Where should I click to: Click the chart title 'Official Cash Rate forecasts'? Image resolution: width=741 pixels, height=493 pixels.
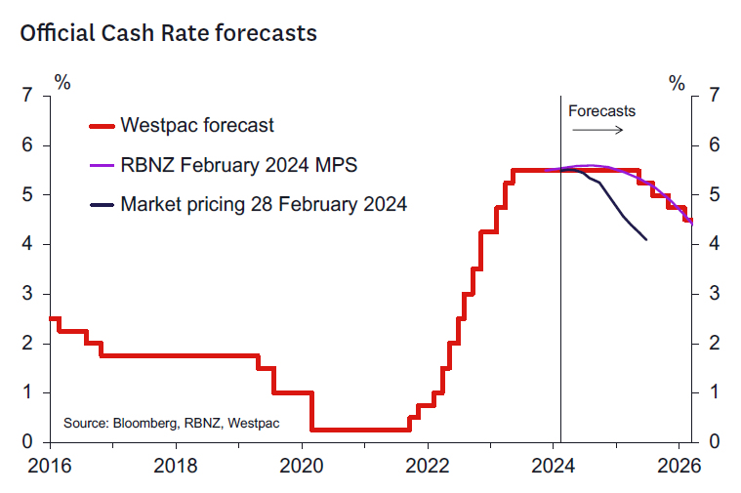pyautogui.click(x=168, y=32)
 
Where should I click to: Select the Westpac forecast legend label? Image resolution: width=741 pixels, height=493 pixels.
pyautogui.click(x=196, y=125)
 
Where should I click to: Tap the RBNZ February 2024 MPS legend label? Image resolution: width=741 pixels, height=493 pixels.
pyautogui.click(x=238, y=165)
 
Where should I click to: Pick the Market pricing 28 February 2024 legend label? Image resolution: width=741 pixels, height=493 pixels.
pyautogui.click(x=264, y=205)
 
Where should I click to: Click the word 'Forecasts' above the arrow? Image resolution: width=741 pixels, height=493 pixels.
pyautogui.click(x=601, y=110)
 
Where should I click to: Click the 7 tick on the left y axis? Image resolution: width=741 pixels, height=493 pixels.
pyautogui.click(x=28, y=96)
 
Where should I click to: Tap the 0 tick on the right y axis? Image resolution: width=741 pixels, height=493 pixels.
pyautogui.click(x=715, y=442)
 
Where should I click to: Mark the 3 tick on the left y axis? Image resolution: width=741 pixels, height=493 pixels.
pyautogui.click(x=28, y=294)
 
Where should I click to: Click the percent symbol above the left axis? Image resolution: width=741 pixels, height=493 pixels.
pyautogui.click(x=62, y=82)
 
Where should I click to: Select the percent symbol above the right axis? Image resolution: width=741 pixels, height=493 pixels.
pyautogui.click(x=677, y=82)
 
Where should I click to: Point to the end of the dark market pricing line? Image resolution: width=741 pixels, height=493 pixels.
pyautogui.click(x=646, y=239)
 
